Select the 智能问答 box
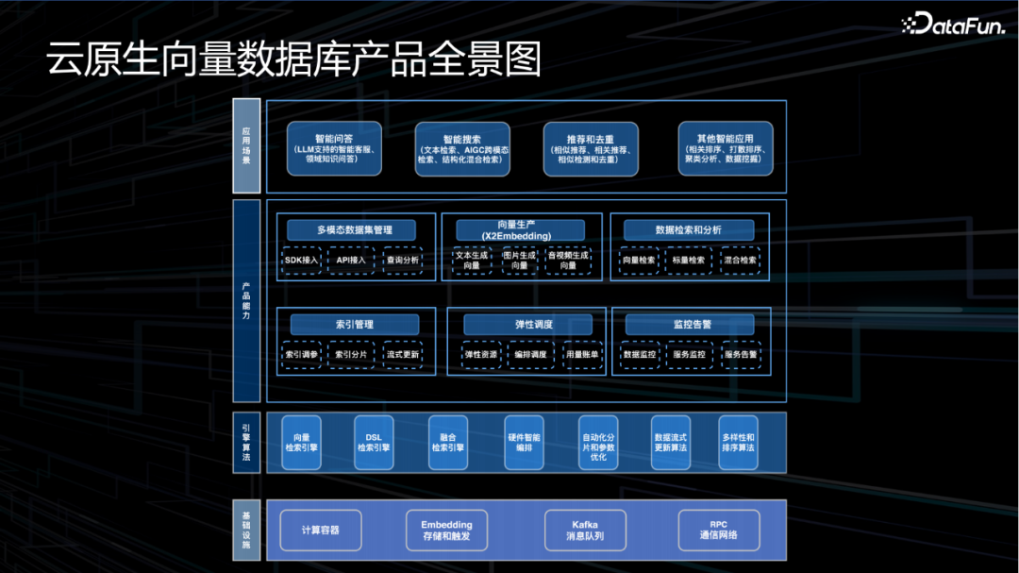tap(334, 148)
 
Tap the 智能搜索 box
tap(462, 148)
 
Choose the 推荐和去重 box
tap(591, 148)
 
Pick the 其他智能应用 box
tap(726, 148)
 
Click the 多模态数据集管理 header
tap(353, 230)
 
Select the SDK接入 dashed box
tap(302, 260)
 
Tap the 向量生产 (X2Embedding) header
tap(520, 230)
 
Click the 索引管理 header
tap(354, 325)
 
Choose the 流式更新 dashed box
tap(403, 354)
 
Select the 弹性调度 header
tap(527, 325)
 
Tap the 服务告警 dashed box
tap(741, 354)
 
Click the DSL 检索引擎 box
tap(373, 442)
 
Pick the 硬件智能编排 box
tap(524, 442)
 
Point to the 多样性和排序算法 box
tap(738, 442)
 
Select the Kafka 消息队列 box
tap(585, 530)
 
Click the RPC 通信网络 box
tap(719, 530)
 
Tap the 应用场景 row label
tap(246, 146)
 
